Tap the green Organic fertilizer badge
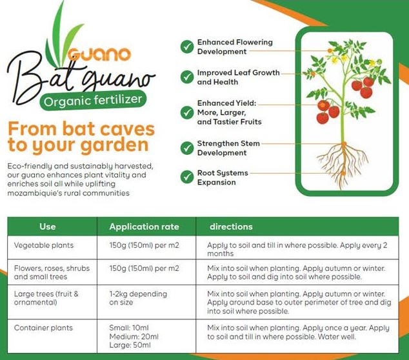[x=93, y=101]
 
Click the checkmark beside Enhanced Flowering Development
[x=187, y=46]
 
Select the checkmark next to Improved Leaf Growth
[x=187, y=77]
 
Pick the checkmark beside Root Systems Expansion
[x=187, y=177]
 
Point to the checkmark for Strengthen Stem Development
[x=187, y=148]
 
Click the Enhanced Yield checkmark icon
[x=187, y=112]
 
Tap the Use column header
[x=48, y=226]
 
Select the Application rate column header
[x=145, y=226]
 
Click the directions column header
[x=231, y=226]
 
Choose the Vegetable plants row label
[x=44, y=245]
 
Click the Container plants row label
[x=43, y=328]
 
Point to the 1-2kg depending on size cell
[x=138, y=298]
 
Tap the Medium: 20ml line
[x=134, y=337]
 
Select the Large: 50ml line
[x=130, y=345]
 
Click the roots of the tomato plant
[x=343, y=163]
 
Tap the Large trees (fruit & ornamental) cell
[x=46, y=298]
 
